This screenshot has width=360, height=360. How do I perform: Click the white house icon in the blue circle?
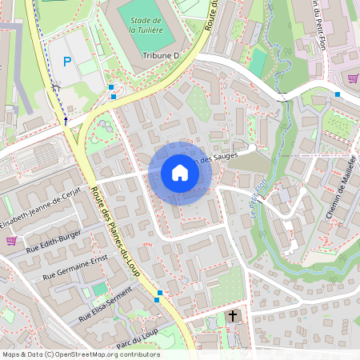180,173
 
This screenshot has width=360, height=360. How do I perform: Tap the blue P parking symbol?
67,61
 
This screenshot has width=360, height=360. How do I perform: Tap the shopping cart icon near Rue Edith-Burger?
11,240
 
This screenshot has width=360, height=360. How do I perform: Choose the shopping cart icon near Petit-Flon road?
353,78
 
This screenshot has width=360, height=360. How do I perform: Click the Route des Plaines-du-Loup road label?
115,232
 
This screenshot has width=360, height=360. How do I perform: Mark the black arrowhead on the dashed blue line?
66,121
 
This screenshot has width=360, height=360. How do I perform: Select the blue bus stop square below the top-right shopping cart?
338,94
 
